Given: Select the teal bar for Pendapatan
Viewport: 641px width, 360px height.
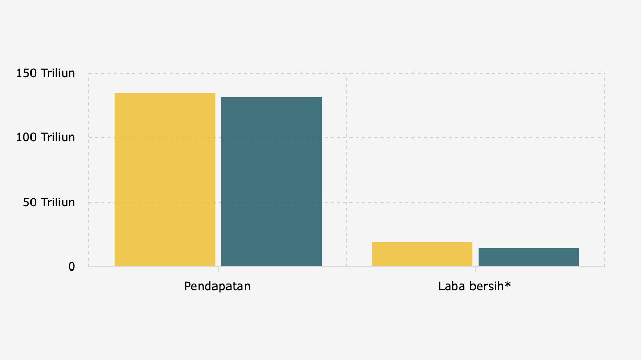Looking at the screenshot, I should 271,182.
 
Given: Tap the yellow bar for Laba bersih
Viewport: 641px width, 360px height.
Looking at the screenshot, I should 422,254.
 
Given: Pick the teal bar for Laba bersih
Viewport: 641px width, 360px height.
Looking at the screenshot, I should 528,257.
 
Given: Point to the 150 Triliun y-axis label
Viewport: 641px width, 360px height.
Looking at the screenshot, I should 45,73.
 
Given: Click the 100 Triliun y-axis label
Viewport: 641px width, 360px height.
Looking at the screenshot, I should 45,138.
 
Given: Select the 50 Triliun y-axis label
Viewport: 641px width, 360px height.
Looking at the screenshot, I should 49,202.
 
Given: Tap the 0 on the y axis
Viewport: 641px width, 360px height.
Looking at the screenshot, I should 72,267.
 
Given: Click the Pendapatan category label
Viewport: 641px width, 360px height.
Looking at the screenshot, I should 217,286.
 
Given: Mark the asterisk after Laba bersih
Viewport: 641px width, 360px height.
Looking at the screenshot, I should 508,284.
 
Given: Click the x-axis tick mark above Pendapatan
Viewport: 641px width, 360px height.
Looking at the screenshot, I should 218,269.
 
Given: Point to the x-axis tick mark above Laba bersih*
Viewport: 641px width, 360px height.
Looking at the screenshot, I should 475,269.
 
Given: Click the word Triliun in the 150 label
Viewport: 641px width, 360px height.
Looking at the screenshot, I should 58,73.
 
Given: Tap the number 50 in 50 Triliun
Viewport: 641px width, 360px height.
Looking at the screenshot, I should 29,202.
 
